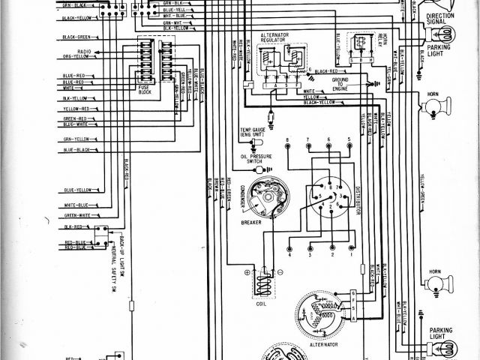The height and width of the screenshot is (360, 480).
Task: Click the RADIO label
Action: click(83, 50)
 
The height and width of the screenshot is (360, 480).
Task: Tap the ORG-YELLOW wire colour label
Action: click(76, 57)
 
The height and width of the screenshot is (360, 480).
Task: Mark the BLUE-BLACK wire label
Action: click(76, 150)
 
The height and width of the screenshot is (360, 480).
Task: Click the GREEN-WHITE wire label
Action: click(77, 216)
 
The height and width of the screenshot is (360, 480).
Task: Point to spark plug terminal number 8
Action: click(287, 141)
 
